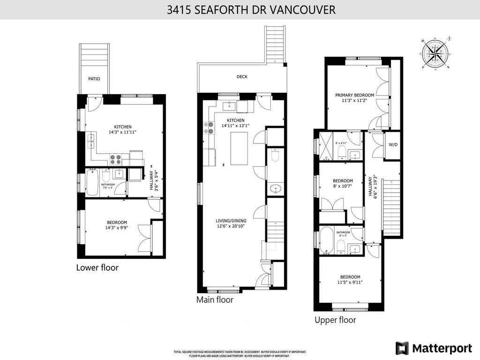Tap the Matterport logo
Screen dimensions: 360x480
point(434,348)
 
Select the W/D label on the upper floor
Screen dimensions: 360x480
point(392,144)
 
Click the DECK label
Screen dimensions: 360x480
point(242,77)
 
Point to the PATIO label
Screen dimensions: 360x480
point(94,79)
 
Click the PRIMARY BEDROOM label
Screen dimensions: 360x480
point(354,95)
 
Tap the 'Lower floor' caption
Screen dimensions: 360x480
point(97,268)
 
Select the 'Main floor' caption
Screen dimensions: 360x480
point(215,300)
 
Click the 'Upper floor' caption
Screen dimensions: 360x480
point(335,320)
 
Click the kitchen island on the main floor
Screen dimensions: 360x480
point(240,149)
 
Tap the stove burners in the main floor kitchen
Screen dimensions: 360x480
point(209,128)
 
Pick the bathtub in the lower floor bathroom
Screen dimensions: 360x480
point(92,183)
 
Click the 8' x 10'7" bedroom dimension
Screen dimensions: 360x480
point(343,187)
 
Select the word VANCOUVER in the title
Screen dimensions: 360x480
point(308,10)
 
